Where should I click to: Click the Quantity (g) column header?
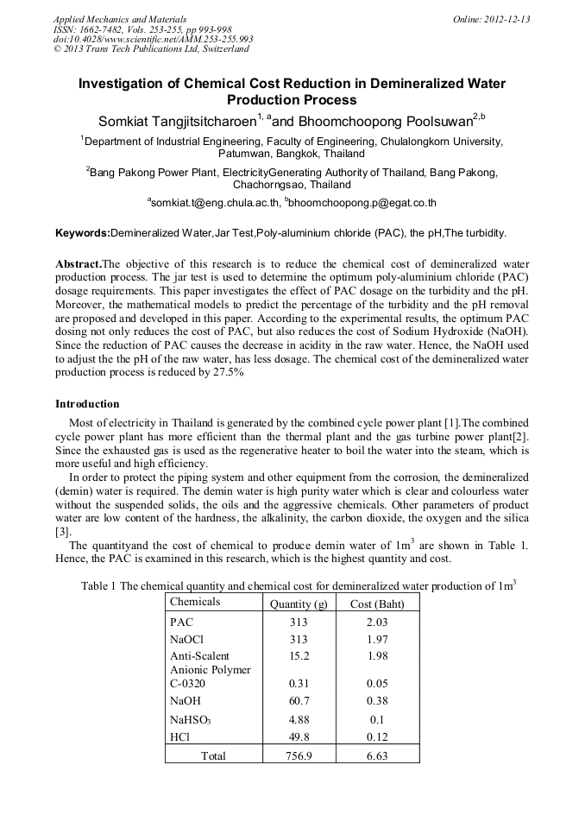(297, 604)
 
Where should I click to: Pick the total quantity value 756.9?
(298, 755)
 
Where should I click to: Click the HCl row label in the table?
(179, 736)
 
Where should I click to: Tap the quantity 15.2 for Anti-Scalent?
(298, 656)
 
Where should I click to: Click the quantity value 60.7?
(298, 701)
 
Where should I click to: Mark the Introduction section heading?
(87, 404)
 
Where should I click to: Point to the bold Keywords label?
(83, 233)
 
